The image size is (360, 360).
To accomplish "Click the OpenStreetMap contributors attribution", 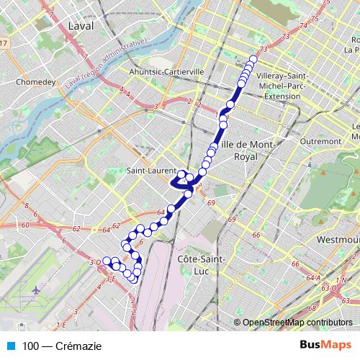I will click(x=297, y=323).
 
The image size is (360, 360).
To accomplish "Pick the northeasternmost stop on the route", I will click(x=253, y=60).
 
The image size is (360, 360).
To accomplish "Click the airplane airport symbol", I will click(x=36, y=290).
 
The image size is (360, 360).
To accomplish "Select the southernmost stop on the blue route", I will click(x=133, y=279).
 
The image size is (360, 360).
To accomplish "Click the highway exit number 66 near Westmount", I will click(x=256, y=235).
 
